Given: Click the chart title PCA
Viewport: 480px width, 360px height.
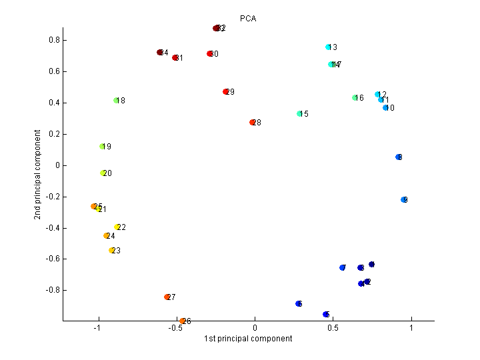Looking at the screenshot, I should [x=248, y=19].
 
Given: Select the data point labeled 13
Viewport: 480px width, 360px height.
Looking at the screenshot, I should [x=329, y=47].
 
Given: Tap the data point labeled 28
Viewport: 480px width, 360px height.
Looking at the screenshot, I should [x=253, y=123].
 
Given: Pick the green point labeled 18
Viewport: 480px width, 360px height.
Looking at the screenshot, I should [x=117, y=101].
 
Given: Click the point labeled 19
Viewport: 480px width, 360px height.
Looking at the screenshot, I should [x=103, y=147].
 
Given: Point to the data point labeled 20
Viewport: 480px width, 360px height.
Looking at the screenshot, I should [x=103, y=173].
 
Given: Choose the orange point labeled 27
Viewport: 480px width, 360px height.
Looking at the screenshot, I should [x=167, y=297].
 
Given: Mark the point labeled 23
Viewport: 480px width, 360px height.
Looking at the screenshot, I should [x=112, y=251].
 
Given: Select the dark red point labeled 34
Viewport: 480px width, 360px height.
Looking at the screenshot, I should [x=160, y=53].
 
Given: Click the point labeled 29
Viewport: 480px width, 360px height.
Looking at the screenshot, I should [x=226, y=92].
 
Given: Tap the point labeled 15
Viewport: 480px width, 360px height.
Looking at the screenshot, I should [x=300, y=114].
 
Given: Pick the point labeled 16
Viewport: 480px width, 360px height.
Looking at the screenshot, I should [x=355, y=98].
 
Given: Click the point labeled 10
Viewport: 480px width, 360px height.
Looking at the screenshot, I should [x=386, y=108].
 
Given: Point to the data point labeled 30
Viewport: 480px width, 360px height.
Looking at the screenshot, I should [x=210, y=54].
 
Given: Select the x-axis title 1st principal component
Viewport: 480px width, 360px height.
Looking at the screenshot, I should [x=248, y=339].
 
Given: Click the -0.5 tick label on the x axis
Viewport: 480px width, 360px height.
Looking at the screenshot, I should [x=175, y=328].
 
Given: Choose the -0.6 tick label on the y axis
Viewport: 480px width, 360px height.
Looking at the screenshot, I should [x=52, y=259].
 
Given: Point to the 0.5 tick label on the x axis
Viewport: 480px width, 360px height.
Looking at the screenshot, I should [x=333, y=328].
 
